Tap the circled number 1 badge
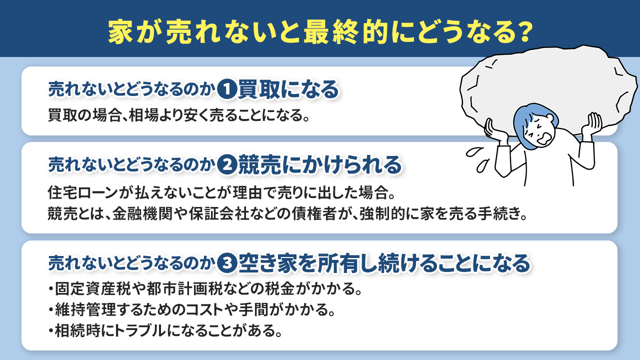click(226, 90)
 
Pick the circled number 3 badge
click(227, 263)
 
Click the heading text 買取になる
click(288, 90)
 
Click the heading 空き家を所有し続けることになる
click(383, 263)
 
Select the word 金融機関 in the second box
click(128, 214)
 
